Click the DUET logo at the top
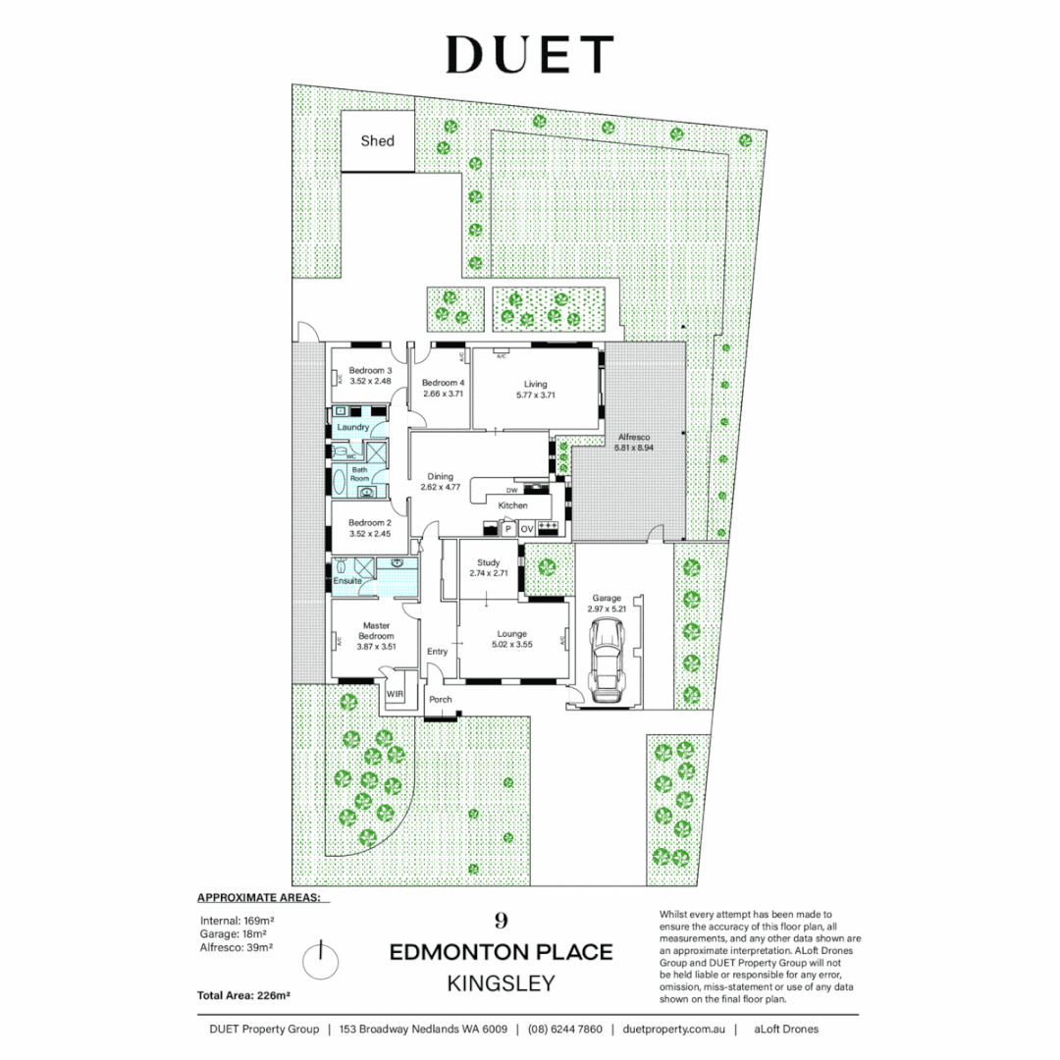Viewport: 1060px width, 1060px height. pyautogui.click(x=530, y=55)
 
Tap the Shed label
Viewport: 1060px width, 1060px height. pyautogui.click(x=377, y=141)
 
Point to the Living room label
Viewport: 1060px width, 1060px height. pyautogui.click(x=535, y=384)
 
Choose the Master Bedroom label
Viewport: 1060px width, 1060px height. pyautogui.click(x=377, y=630)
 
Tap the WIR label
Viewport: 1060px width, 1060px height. pyautogui.click(x=395, y=694)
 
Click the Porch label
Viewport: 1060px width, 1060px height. pyautogui.click(x=441, y=700)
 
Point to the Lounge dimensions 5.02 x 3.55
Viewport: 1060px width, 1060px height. pyautogui.click(x=512, y=645)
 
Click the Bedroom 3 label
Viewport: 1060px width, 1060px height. pyautogui.click(x=370, y=370)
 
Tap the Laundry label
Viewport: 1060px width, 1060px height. pyautogui.click(x=352, y=427)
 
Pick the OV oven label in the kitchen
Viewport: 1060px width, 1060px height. pyautogui.click(x=526, y=529)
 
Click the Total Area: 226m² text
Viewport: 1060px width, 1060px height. pyautogui.click(x=243, y=995)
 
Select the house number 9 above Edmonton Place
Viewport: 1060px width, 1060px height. pyautogui.click(x=501, y=921)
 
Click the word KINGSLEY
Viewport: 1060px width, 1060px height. pyautogui.click(x=501, y=982)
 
